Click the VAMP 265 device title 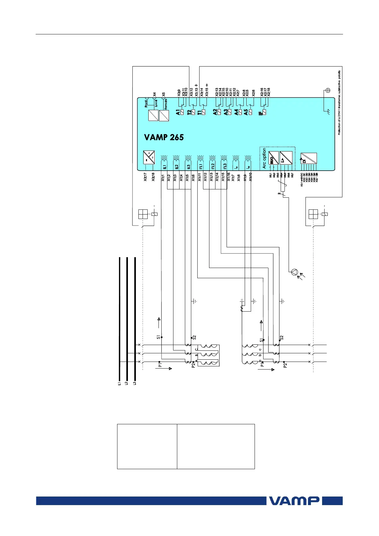coord(164,137)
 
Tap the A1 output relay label coord(178,112)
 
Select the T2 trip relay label coord(189,112)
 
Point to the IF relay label coord(261,112)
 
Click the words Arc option coord(264,158)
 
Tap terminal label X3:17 coord(145,177)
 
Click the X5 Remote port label coord(164,95)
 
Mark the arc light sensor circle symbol coord(294,272)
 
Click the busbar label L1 coord(119,384)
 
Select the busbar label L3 coord(135,384)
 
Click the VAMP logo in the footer coord(295,501)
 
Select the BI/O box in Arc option coord(274,158)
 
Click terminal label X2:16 coord(262,92)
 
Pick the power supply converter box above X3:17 coord(149,157)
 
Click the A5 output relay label coord(246,112)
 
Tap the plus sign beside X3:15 coord(207,85)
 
